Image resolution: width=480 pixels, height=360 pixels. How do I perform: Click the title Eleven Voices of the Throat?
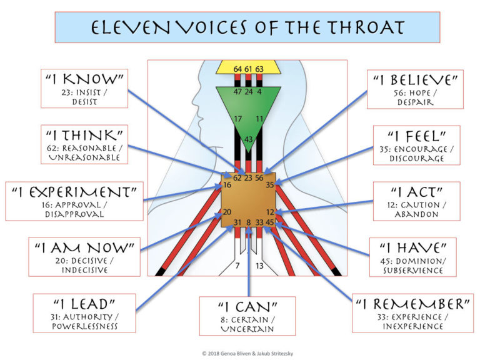coord(247,27)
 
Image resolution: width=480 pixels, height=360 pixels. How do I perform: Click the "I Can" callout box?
coord(247,316)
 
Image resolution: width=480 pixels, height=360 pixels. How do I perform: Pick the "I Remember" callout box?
coord(412,312)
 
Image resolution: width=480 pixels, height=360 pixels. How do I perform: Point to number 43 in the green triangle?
coord(248,139)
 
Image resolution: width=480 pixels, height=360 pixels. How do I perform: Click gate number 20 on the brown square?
coord(227,211)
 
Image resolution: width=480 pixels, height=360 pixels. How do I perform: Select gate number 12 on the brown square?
coord(270,211)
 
